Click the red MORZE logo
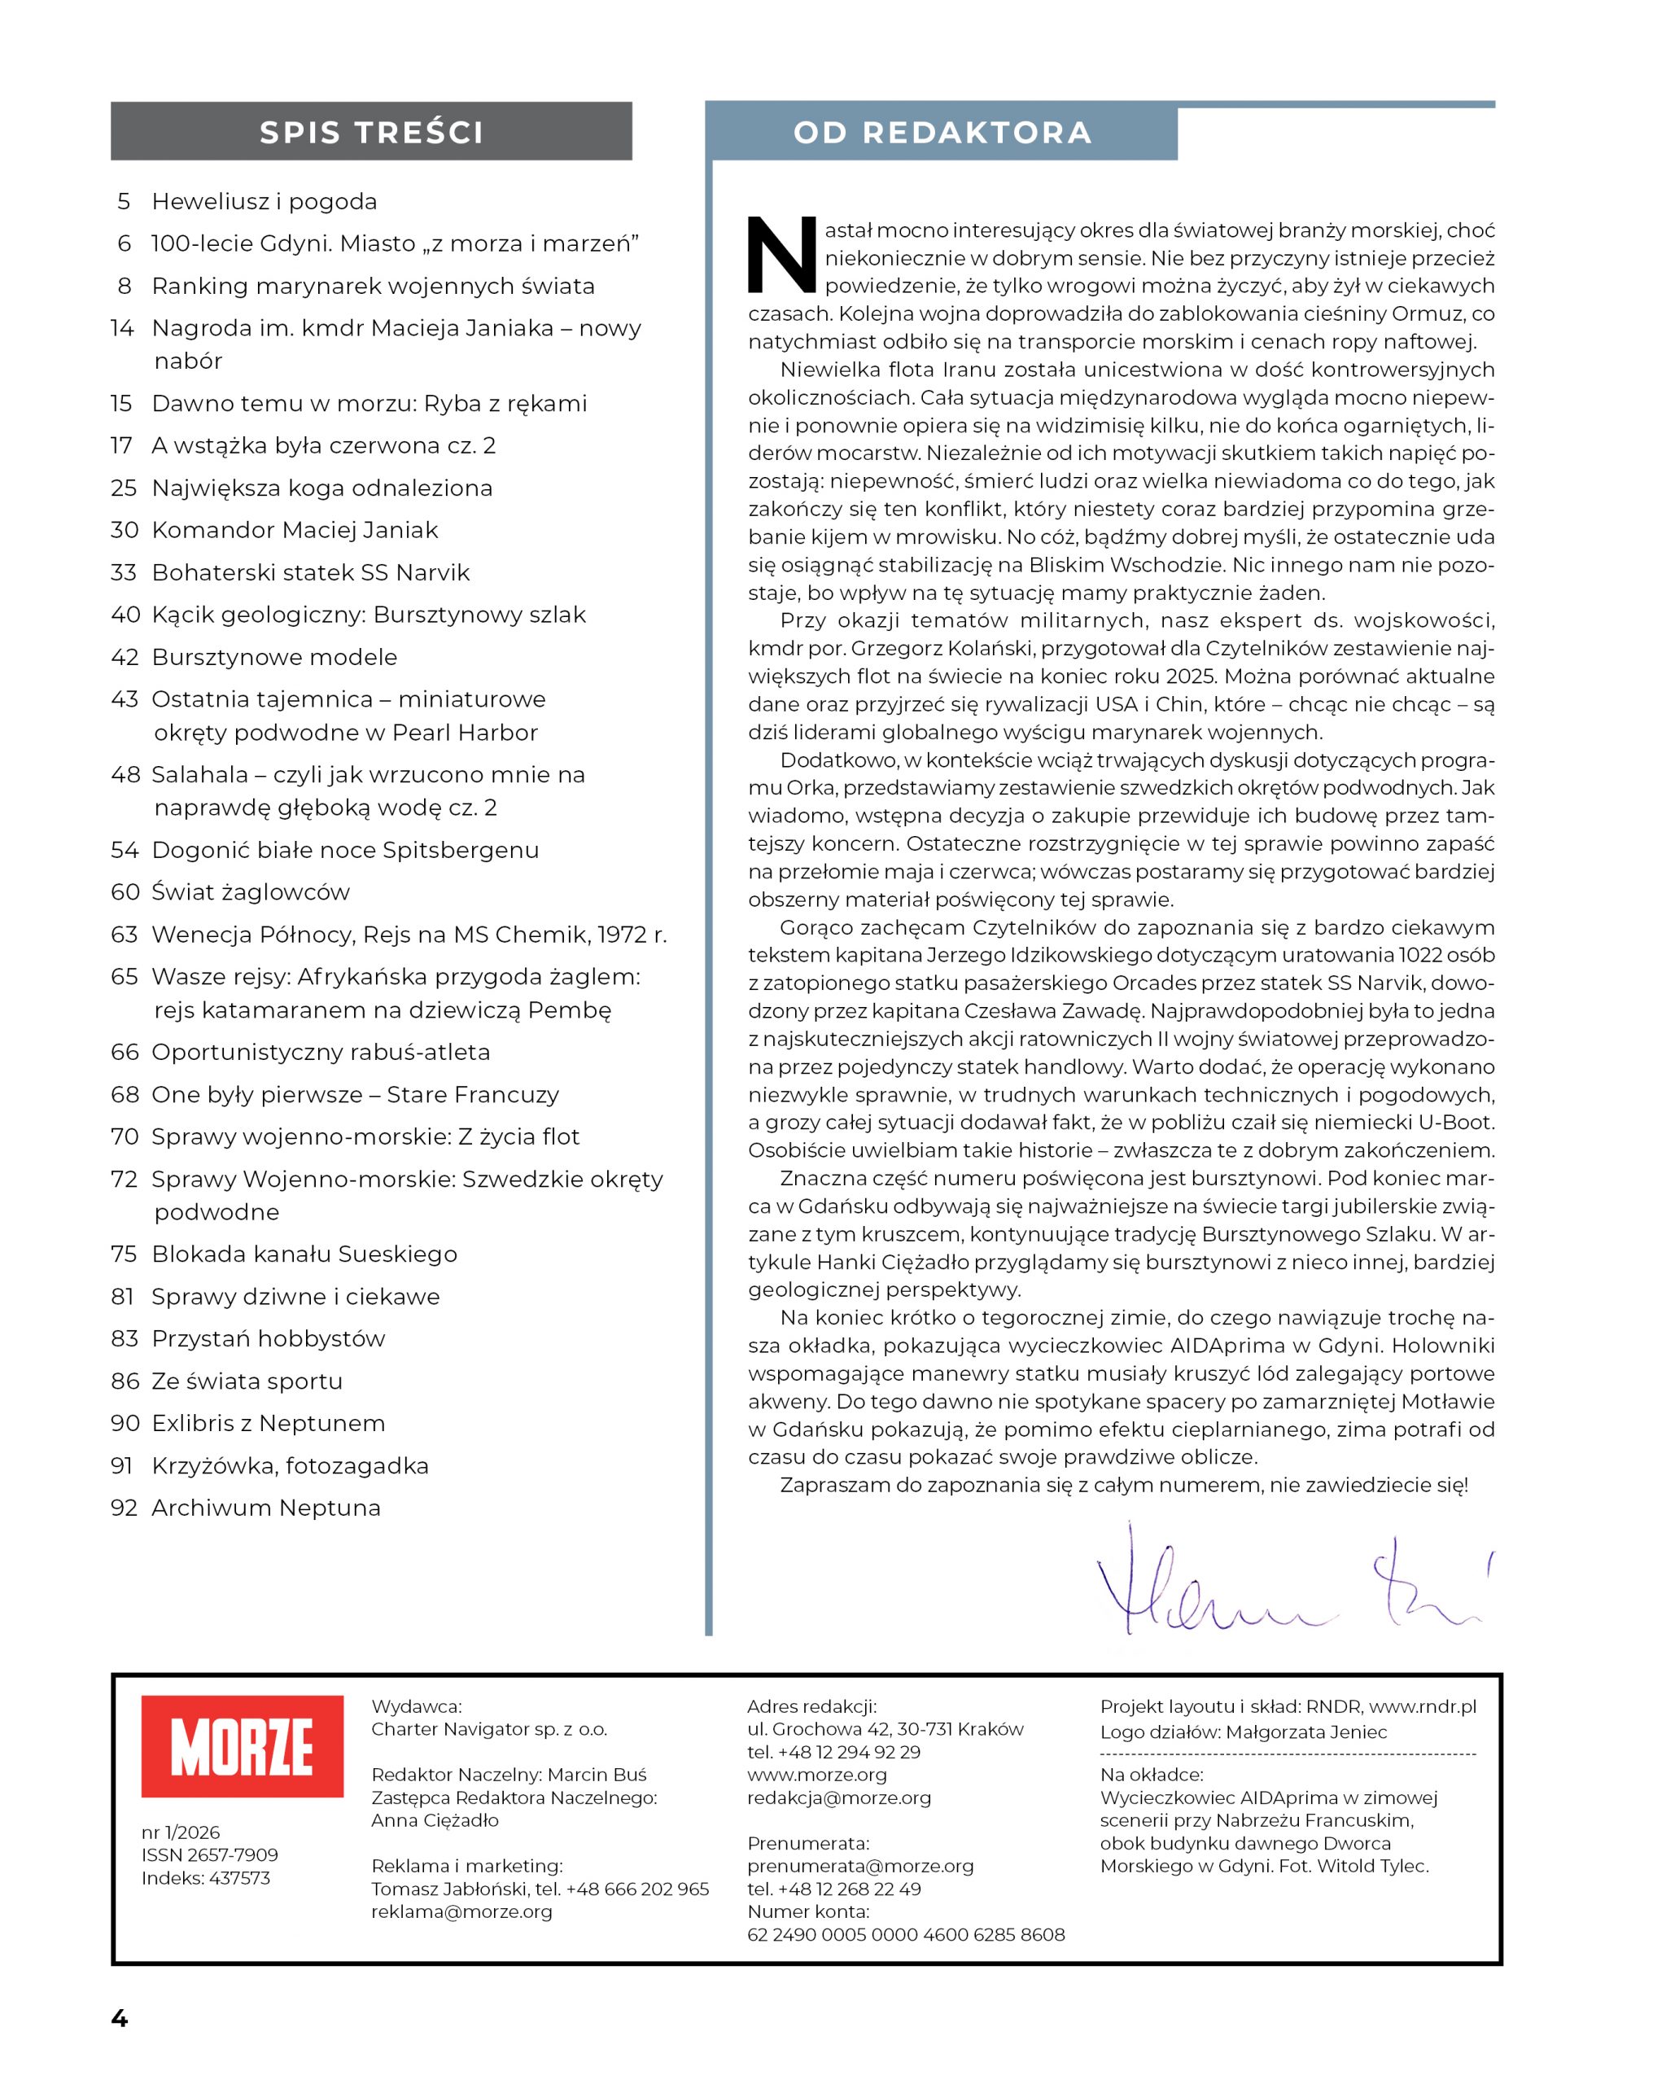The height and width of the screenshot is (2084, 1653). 242,1745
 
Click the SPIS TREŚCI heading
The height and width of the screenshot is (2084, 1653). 371,133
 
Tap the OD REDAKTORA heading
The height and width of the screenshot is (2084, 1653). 942,133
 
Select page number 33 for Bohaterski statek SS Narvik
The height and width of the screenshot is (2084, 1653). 124,572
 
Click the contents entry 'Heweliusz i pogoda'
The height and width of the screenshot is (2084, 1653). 264,201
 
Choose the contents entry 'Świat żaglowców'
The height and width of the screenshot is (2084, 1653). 251,891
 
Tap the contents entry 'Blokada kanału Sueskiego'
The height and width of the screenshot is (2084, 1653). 304,1254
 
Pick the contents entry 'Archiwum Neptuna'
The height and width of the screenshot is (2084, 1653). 266,1507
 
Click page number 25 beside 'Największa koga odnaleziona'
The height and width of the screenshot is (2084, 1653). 124,488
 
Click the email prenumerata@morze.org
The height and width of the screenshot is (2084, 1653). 859,1866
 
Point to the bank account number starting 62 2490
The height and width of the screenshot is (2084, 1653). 905,1934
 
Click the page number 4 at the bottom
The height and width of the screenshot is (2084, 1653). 120,2018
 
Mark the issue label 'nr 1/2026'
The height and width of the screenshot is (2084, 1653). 181,1832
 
